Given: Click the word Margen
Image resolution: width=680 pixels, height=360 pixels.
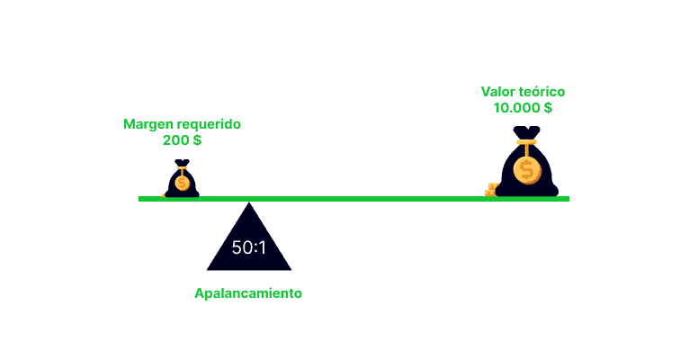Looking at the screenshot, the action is click(x=145, y=125).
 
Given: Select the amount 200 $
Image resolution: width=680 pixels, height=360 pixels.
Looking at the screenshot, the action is click(x=182, y=140).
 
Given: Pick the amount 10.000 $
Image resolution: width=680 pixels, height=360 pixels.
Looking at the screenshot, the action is click(x=523, y=108).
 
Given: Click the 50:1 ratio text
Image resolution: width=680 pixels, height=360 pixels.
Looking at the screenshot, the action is click(x=249, y=247).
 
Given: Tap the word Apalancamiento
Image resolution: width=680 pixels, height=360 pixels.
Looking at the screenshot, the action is click(x=248, y=293).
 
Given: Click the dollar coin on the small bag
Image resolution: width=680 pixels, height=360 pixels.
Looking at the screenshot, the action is click(x=182, y=184).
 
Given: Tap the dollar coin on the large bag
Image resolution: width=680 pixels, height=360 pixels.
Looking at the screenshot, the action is click(x=527, y=170).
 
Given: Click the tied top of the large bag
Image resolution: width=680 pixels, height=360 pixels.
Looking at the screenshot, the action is click(x=526, y=132).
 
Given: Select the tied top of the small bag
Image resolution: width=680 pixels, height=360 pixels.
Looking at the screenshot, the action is click(x=182, y=163).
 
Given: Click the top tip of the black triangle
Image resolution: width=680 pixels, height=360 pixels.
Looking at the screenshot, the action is click(x=249, y=202).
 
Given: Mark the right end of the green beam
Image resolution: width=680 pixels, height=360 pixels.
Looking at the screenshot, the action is click(x=569, y=199).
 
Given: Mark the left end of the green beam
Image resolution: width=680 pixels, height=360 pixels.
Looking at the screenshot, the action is click(x=139, y=199).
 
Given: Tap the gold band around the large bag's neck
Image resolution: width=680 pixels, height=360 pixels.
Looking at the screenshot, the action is click(x=526, y=142).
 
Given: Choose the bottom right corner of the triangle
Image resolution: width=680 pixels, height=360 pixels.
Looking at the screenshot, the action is click(x=291, y=270).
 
